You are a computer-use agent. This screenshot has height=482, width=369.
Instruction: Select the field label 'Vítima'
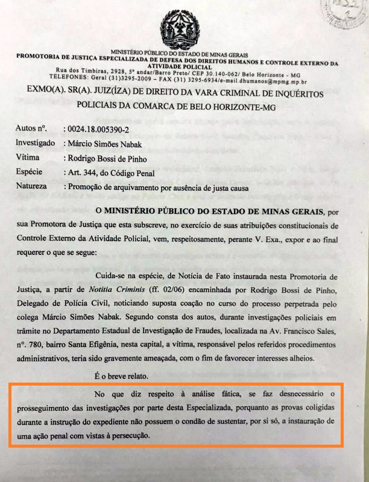(x=28, y=158)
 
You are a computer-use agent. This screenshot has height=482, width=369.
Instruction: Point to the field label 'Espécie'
(x=30, y=172)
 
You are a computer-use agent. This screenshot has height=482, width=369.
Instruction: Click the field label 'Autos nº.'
(x=32, y=128)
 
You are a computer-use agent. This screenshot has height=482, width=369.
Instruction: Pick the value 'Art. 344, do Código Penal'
(x=112, y=172)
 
